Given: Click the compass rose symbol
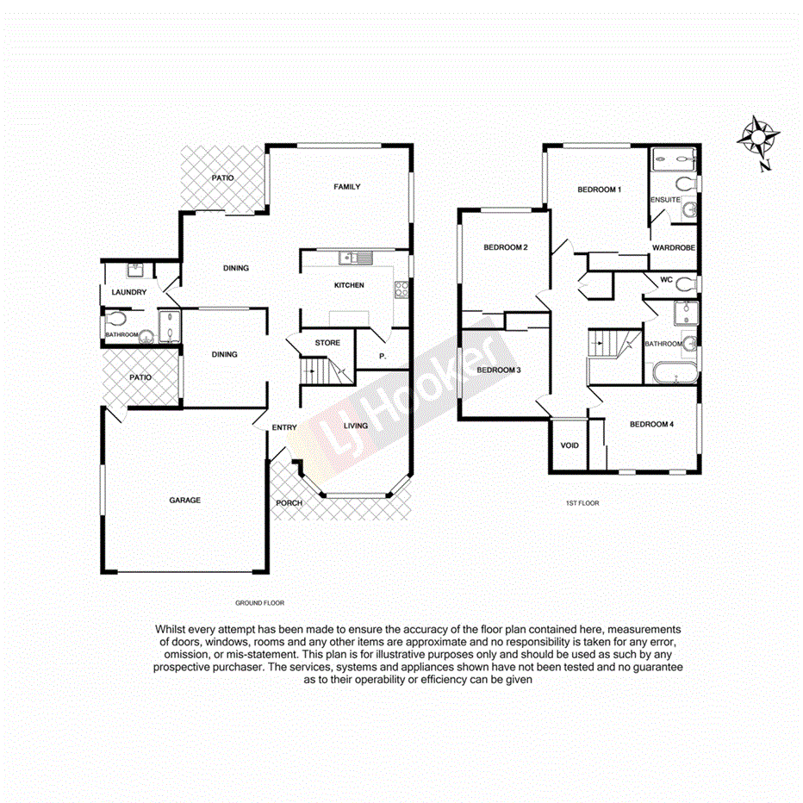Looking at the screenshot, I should (759, 138).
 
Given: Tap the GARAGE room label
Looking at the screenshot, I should (184, 500).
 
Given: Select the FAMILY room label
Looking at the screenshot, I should (347, 187).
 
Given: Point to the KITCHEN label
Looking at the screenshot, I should (349, 285).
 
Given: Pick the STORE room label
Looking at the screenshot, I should (327, 343).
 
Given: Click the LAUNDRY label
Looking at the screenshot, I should (129, 293).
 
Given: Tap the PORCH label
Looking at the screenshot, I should (289, 503).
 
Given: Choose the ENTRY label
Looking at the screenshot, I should (284, 428).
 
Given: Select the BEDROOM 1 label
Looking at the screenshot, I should (599, 190).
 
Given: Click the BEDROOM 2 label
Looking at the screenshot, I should (505, 248).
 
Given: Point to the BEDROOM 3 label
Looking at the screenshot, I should (499, 370).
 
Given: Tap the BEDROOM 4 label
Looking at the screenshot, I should (650, 424).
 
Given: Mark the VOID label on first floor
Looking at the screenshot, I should (570, 445).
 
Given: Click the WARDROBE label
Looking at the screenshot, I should (673, 248).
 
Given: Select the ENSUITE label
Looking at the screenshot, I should (665, 200).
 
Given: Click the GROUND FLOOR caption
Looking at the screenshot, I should (259, 603).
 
